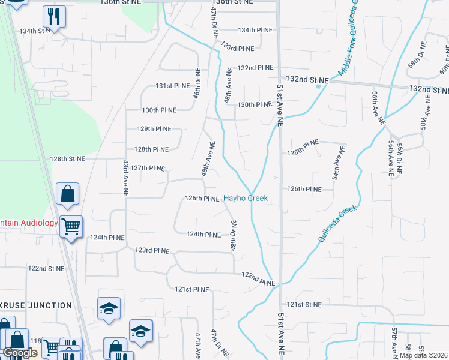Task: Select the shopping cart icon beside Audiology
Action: (71, 227)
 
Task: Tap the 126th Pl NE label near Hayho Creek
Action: (202, 198)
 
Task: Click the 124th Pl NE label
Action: (204, 234)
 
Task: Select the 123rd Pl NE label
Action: (152, 250)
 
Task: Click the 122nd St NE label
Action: (45, 268)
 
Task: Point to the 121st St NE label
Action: (304, 305)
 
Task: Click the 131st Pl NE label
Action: (173, 86)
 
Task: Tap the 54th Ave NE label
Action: (337, 163)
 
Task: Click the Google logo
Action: (20, 353)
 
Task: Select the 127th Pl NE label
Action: (148, 168)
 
